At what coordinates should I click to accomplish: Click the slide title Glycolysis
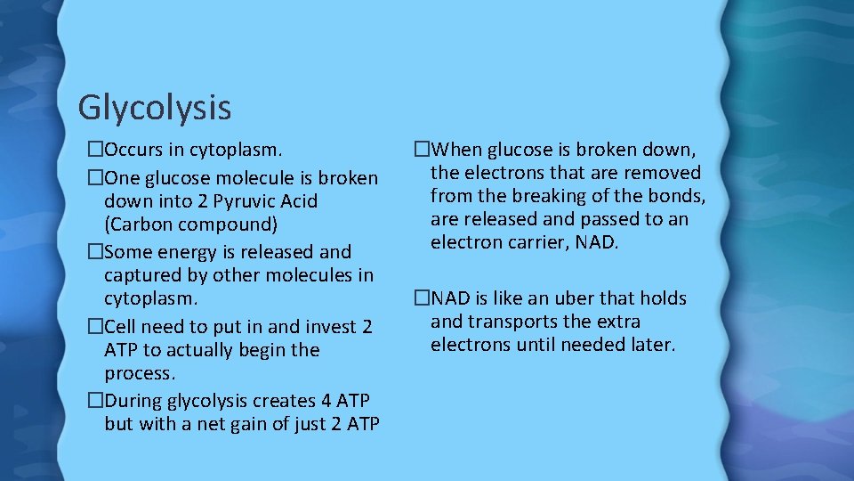click(154, 108)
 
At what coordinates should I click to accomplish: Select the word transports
click(513, 321)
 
